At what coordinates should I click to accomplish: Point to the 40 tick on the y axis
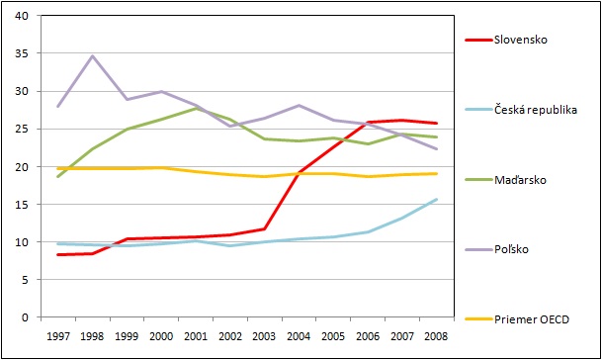pos(22,16)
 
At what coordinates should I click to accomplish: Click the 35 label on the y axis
pos(22,53)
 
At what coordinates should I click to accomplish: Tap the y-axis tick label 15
pos(22,205)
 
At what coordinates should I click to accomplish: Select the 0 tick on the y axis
pos(25,317)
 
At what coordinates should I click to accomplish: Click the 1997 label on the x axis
pos(58,336)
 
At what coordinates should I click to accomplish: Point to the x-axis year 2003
pos(264,336)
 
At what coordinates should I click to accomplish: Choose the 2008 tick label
pos(436,336)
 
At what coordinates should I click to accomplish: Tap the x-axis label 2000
pos(161,336)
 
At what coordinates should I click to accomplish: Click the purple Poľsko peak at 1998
pos(92,56)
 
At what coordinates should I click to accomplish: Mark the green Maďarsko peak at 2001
pos(196,109)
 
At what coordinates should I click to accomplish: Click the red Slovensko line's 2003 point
pos(264,229)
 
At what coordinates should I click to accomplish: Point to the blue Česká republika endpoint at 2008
pos(437,200)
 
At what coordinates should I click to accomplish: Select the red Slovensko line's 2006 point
pos(368,123)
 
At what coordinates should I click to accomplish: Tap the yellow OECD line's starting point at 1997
pos(58,168)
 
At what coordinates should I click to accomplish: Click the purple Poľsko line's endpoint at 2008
pos(437,148)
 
